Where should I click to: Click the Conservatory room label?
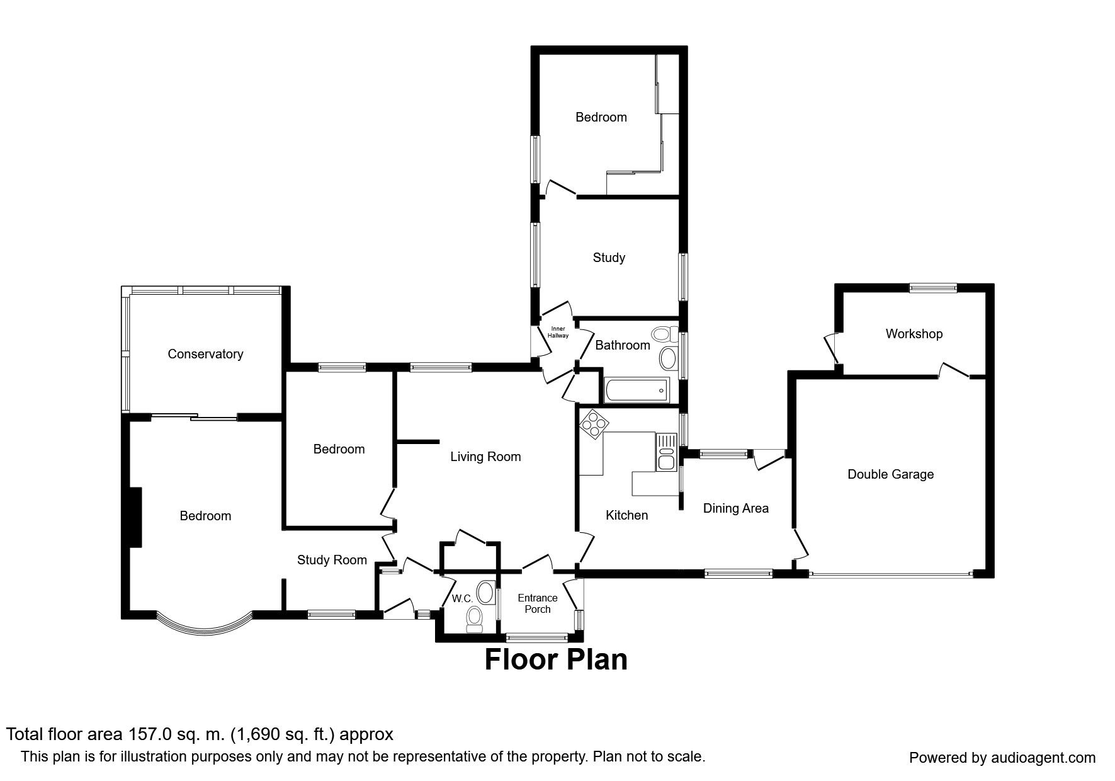pos(205,354)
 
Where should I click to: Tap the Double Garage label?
pos(890,474)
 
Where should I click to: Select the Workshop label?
pos(914,334)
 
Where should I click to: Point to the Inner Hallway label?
pos(558,332)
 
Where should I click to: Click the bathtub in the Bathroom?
pos(635,390)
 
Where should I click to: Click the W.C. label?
pos(463,599)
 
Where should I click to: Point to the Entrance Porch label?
pos(538,603)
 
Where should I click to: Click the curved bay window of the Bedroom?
pos(204,627)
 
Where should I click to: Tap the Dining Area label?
pos(735,508)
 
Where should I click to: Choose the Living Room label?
pos(485,457)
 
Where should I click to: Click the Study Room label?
pos(332,560)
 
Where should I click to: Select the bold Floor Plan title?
pos(556,659)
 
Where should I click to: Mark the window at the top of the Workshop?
pos(932,287)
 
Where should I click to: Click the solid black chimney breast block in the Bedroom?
pos(135,516)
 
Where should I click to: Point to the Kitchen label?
pos(626,515)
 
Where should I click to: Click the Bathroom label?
pos(622,345)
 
